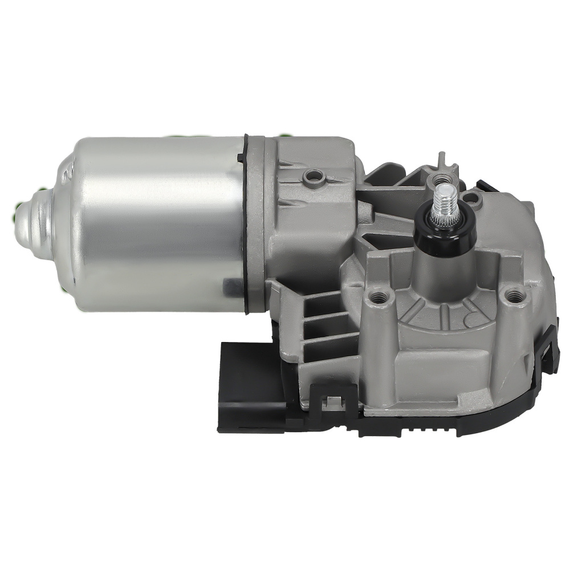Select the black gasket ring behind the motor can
tap(247, 222)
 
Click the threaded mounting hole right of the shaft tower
tap(515, 295)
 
